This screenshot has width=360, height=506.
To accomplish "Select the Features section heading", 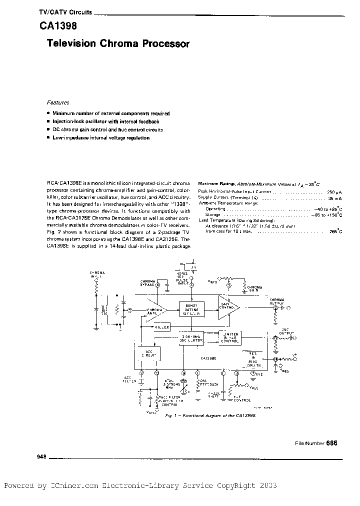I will pos(57,102).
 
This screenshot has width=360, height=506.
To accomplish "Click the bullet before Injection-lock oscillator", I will pos(48,121).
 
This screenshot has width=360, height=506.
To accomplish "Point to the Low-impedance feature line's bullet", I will pos(48,137).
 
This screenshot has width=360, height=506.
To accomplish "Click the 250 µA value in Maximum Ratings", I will pos(334,191).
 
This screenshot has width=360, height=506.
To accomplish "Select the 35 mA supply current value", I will pos(334,198).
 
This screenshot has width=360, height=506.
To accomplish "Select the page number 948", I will pos(41,456).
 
